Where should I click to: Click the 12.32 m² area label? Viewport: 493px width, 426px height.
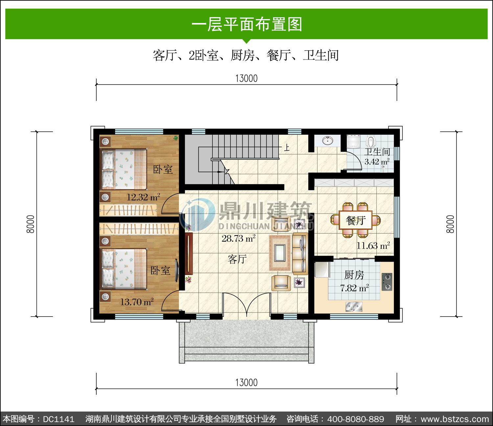[x=143, y=197]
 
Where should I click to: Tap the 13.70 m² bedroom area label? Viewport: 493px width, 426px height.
[x=137, y=302]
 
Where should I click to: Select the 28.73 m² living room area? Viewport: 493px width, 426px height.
[x=239, y=238]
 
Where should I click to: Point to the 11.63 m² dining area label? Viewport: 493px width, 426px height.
[x=373, y=246]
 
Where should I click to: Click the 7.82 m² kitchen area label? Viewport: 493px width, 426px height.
[x=354, y=288]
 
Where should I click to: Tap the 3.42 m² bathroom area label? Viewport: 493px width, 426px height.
[x=377, y=162]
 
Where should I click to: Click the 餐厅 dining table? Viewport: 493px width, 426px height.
[x=356, y=220]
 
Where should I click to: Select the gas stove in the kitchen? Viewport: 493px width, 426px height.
[x=387, y=282]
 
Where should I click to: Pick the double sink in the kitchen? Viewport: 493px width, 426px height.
[x=354, y=306]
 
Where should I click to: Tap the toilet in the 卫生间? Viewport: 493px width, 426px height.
[x=370, y=142]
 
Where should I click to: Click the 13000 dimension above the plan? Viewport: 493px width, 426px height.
[x=246, y=79]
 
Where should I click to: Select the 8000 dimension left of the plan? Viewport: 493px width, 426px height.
[x=31, y=224]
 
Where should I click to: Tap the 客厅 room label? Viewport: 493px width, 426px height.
[x=237, y=259]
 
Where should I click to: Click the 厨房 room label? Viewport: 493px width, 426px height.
[x=354, y=275]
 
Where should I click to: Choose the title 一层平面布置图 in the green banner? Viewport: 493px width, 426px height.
[x=247, y=24]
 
